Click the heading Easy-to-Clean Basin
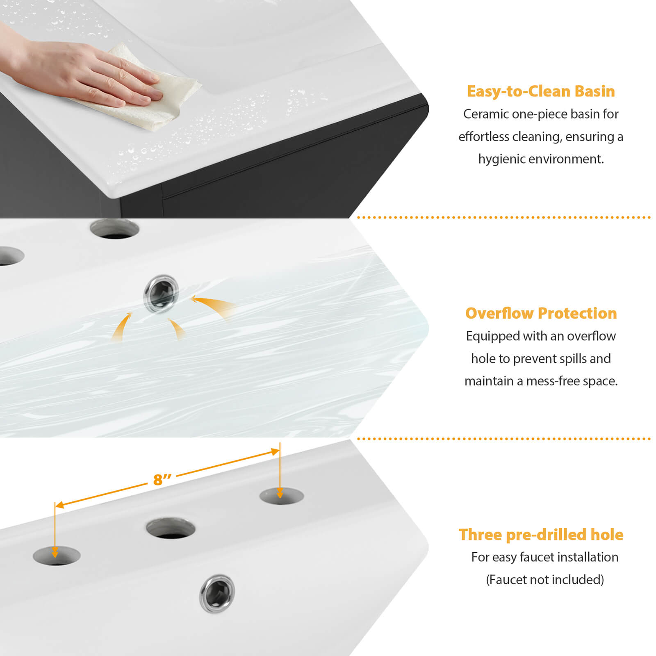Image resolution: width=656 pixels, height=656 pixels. click(x=541, y=91)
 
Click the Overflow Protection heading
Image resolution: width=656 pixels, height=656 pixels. click(x=541, y=313)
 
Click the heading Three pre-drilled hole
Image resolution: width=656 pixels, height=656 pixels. click(x=541, y=535)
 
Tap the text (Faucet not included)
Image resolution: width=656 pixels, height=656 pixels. click(x=545, y=580)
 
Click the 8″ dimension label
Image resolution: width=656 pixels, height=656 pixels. click(x=162, y=479)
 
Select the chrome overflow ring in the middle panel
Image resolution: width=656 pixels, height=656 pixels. click(x=161, y=294)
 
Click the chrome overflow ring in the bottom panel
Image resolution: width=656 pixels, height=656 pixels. click(x=217, y=593)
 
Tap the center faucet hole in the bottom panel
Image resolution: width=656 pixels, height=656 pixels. click(x=171, y=528)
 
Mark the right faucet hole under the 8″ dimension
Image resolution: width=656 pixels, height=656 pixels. click(x=282, y=496)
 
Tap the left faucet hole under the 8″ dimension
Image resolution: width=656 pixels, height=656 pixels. click(x=57, y=556)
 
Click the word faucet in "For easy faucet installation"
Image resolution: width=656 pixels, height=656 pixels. click(x=535, y=557)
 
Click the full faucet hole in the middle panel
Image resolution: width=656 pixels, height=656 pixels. click(x=115, y=229)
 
